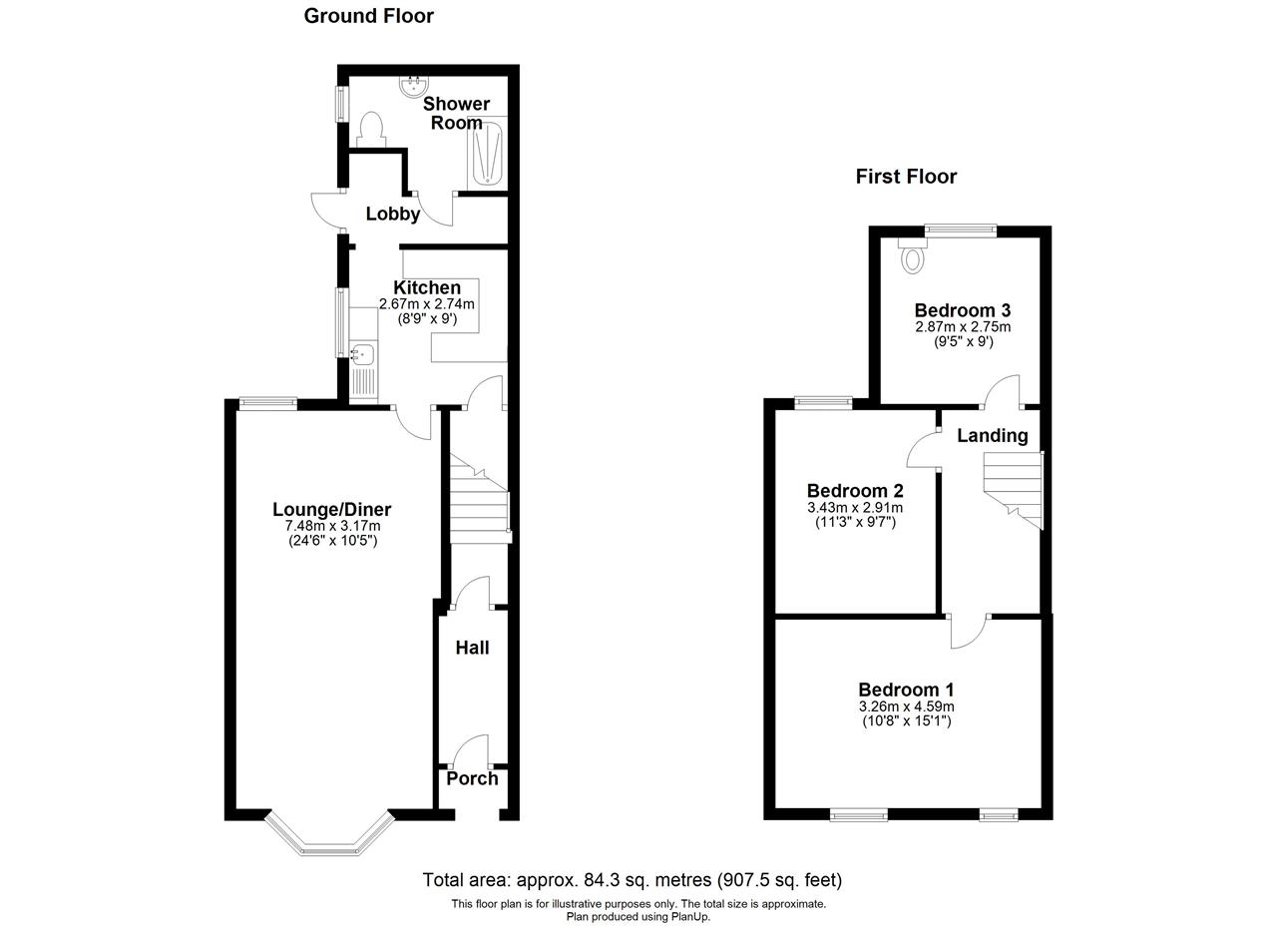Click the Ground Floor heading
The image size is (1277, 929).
coord(368,16)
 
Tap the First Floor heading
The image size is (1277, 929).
coord(906,177)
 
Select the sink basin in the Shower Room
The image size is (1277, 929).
coord(413,87)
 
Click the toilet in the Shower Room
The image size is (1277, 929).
coord(370,130)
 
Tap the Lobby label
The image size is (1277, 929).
coord(393,214)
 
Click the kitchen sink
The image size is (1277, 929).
coord(363,354)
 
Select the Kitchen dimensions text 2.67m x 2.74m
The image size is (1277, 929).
coord(427,304)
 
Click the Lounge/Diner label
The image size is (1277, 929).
coord(332,509)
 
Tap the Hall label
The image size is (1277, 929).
coord(472,648)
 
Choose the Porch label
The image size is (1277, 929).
coord(472,779)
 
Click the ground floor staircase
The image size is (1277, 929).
coord(480,499)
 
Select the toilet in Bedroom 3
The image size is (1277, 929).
coord(913,254)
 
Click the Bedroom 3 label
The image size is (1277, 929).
coord(963,310)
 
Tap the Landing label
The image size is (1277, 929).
coord(993,436)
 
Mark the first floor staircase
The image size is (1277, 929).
coord(1013,491)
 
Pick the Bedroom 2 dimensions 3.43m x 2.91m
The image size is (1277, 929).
coord(855,508)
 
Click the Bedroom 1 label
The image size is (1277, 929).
coord(907,690)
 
